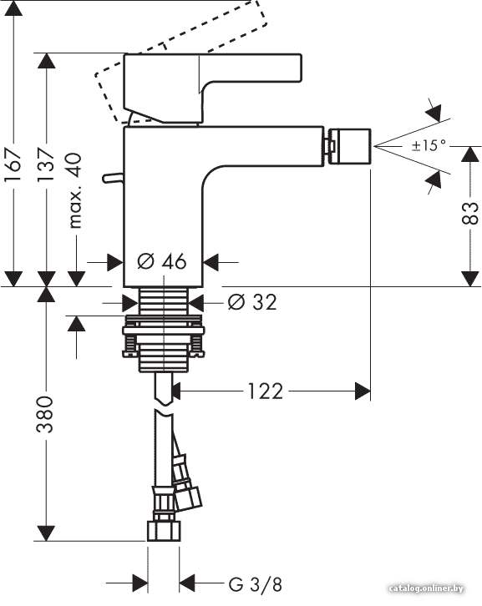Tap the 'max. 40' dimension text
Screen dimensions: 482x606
(x=75, y=190)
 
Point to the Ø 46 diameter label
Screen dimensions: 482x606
(x=162, y=261)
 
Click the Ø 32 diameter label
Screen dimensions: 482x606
(x=252, y=302)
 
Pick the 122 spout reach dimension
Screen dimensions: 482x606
(x=266, y=391)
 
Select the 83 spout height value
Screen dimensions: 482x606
(x=470, y=213)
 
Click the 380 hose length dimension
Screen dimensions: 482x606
(x=45, y=414)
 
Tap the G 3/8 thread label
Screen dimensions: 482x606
(x=256, y=584)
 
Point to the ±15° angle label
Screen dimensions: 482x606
(x=429, y=145)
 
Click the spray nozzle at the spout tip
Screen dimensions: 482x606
(x=349, y=147)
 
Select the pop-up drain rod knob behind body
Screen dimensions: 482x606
(x=113, y=178)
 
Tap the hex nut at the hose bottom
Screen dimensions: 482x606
(x=164, y=531)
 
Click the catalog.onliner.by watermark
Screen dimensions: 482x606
(x=426, y=588)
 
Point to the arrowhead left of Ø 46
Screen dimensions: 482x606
(x=115, y=262)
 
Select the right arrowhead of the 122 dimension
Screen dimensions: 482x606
(x=363, y=391)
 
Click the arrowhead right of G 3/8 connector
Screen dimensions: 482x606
(x=187, y=583)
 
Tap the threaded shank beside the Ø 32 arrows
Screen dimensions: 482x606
(x=164, y=301)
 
